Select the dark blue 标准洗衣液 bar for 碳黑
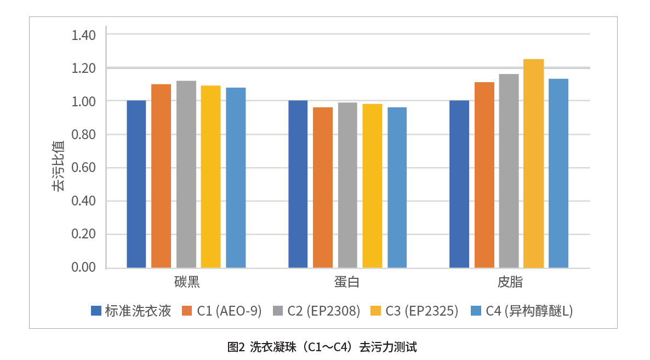click(x=136, y=184)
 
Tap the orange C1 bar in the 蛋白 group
click(x=323, y=187)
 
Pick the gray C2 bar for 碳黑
click(x=186, y=174)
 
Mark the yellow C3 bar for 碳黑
click(x=211, y=176)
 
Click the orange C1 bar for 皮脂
click(x=484, y=175)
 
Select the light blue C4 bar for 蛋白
click(x=397, y=187)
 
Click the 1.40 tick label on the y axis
click(x=84, y=35)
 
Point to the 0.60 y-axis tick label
click(x=84, y=168)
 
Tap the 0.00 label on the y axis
click(x=84, y=267)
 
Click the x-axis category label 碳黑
click(x=186, y=283)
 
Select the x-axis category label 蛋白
click(x=347, y=283)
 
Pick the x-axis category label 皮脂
click(x=509, y=283)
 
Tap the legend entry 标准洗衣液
click(x=138, y=311)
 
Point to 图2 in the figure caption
click(x=236, y=347)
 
